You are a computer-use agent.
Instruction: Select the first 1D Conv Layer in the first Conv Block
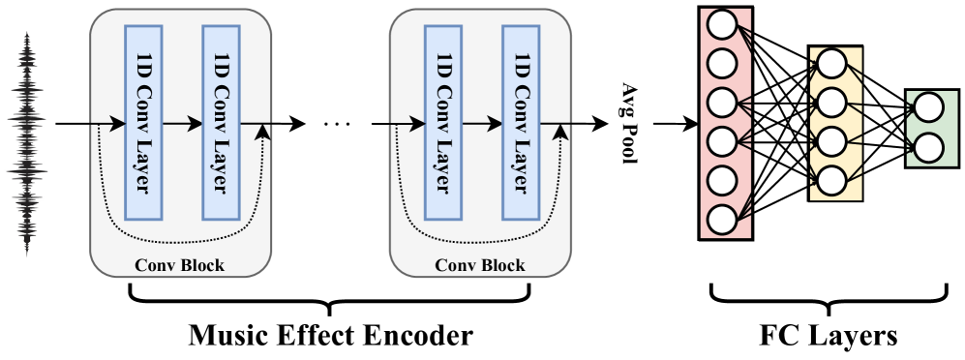coord(143,122)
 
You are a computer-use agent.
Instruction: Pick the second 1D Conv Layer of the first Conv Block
coord(221,122)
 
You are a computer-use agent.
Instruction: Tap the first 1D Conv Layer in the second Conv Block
coord(443,122)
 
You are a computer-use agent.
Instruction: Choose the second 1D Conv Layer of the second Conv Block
coord(521,122)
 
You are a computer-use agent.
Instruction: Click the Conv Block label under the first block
coord(179,265)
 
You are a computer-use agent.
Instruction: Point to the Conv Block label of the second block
coord(479,265)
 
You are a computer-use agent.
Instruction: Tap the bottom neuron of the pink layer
coord(722,219)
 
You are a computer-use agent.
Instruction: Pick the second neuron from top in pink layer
coord(722,64)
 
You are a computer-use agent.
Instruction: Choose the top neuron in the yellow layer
coord(831,64)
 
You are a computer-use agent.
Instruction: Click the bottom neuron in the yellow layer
coord(831,180)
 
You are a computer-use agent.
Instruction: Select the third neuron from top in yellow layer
coord(831,141)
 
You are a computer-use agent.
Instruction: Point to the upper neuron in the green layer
coord(927,106)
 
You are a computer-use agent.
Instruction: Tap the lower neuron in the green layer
coord(927,148)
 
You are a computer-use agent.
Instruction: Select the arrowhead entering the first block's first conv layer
coord(119,124)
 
